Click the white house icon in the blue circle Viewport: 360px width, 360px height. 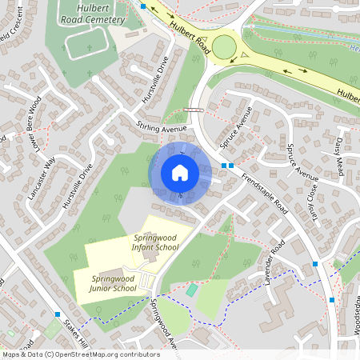(180, 172)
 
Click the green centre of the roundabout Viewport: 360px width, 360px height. (223, 46)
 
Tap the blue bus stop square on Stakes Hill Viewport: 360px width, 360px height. (58, 314)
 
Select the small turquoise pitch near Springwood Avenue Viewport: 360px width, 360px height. (190, 290)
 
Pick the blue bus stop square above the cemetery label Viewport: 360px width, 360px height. (142, 6)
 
